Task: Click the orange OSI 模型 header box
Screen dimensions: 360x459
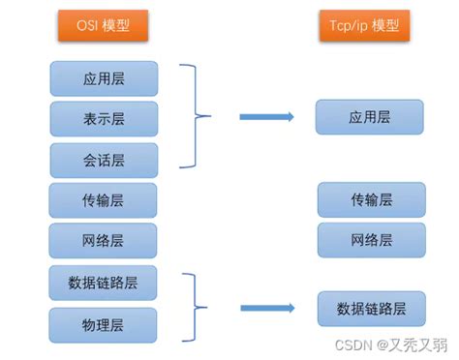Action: click(x=103, y=26)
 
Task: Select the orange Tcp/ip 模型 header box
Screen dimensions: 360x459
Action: click(x=359, y=26)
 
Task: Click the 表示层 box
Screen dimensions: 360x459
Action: click(x=103, y=118)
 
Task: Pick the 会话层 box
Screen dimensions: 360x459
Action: click(x=103, y=159)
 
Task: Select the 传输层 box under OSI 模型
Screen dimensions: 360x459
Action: click(x=103, y=200)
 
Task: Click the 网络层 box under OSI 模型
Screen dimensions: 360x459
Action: click(x=103, y=240)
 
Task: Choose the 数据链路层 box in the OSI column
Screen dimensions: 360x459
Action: click(x=103, y=283)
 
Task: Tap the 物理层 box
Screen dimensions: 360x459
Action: click(x=103, y=324)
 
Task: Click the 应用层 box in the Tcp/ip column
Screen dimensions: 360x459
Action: click(x=370, y=116)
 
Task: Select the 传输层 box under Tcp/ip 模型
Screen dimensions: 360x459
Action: click(x=371, y=199)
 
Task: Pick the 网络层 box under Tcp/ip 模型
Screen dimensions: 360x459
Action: click(x=371, y=240)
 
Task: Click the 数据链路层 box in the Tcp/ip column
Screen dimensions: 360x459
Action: click(x=371, y=309)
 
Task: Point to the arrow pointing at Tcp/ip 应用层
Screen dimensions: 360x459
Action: click(x=267, y=117)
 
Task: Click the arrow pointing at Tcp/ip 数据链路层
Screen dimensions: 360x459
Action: click(x=267, y=309)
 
